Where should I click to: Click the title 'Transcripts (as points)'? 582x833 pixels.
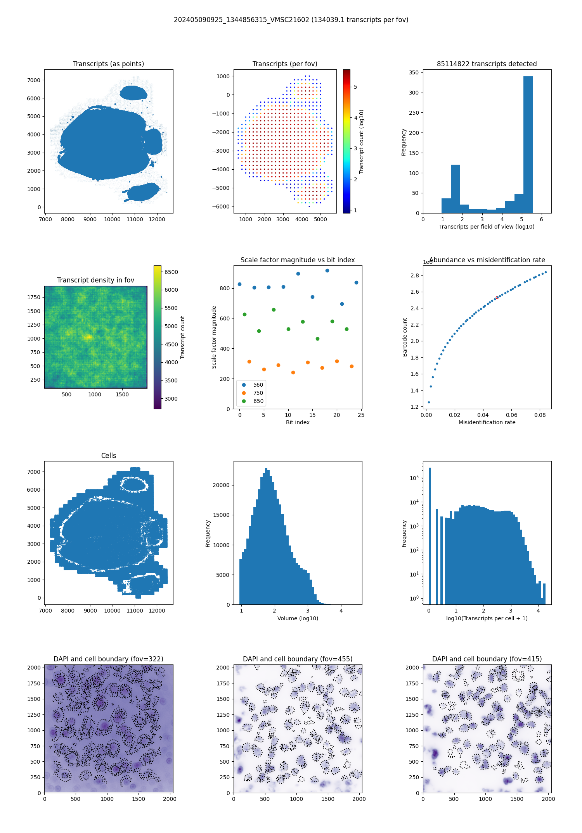coord(108,64)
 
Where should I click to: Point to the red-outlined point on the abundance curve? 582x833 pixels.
coord(497,298)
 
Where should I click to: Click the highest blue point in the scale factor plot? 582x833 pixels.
coord(327,270)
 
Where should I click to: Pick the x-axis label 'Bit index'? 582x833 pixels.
coord(298,422)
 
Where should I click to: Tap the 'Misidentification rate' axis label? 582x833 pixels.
coord(487,422)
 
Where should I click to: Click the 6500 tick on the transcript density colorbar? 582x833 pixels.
coord(171,272)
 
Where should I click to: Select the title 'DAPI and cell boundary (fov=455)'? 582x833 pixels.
coord(298,659)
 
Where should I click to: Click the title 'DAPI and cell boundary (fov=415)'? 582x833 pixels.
coord(487,659)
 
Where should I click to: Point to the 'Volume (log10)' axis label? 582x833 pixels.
coord(298,618)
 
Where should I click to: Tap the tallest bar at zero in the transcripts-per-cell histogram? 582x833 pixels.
coord(430,535)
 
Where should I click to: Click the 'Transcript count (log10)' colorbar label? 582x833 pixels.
coord(361,141)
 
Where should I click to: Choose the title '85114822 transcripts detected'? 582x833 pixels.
coord(487,64)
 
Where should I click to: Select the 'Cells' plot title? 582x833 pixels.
coord(109,456)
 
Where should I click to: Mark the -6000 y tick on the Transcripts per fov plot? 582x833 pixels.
coord(223,207)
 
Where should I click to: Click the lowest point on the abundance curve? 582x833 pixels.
coord(429,402)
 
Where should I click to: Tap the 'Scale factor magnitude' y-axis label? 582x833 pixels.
coord(214,337)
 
